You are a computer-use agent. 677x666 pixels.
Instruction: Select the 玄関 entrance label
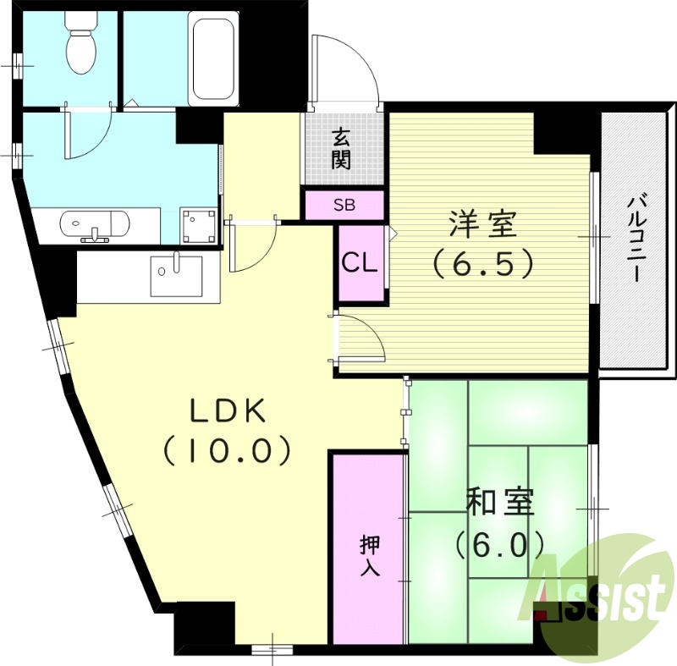click(341, 148)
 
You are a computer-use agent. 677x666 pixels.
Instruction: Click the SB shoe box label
click(344, 204)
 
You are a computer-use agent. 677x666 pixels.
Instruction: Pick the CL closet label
click(359, 263)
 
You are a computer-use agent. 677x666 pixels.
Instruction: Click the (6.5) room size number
click(483, 265)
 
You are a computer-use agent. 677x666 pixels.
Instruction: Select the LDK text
click(228, 411)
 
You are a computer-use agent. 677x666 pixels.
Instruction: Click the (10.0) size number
click(228, 450)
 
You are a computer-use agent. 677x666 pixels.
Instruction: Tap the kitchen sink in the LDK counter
click(176, 275)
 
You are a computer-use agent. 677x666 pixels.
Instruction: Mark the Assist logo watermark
click(601, 592)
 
